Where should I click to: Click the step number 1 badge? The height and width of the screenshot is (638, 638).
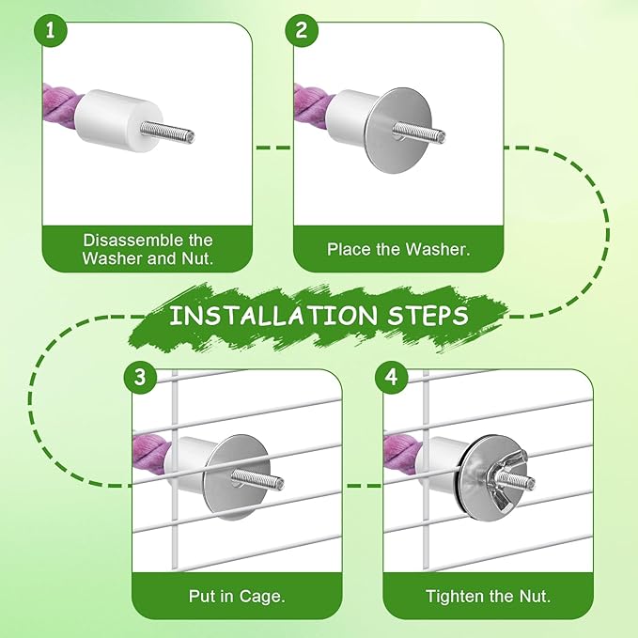[50, 30]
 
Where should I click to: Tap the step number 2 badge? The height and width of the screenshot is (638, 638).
[302, 30]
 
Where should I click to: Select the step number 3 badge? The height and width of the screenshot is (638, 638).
[140, 377]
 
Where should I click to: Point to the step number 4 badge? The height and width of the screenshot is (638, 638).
[392, 377]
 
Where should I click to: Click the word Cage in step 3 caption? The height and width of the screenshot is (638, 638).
[262, 597]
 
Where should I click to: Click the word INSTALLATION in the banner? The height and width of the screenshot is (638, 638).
[273, 316]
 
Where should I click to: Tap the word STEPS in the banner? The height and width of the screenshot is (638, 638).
[428, 316]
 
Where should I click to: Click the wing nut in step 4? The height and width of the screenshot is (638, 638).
[508, 477]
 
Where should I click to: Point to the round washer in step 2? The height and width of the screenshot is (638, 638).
[398, 131]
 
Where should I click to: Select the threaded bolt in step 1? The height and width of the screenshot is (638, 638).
[167, 132]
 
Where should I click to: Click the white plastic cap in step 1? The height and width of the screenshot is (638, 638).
[118, 120]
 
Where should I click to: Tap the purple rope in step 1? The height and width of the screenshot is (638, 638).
[60, 107]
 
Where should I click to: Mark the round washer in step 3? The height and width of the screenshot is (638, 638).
[237, 477]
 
